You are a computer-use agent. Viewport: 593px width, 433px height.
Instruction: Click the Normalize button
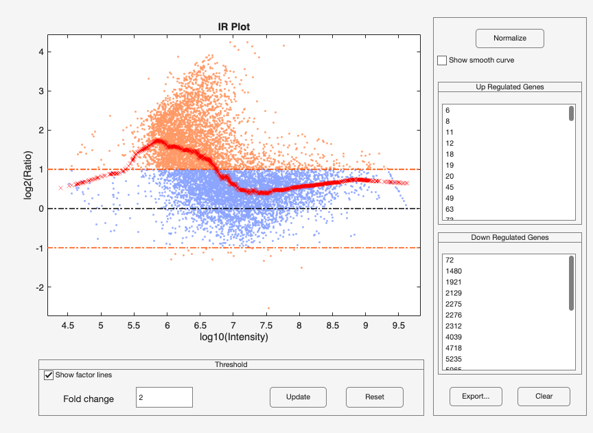point(509,38)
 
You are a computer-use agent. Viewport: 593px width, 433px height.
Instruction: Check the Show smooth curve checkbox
point(442,60)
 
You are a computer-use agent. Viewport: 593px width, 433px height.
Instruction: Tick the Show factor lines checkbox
point(49,375)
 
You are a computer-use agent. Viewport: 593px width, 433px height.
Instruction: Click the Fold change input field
point(164,397)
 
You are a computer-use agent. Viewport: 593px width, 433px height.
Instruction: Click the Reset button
point(374,397)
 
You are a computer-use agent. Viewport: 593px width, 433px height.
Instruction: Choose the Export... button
point(476,397)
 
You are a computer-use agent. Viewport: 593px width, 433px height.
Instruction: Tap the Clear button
point(544,397)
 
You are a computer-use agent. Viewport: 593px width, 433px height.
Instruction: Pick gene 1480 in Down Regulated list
point(453,271)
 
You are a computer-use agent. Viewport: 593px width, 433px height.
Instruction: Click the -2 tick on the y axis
point(41,287)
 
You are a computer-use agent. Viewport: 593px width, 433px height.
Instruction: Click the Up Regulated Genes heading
point(510,87)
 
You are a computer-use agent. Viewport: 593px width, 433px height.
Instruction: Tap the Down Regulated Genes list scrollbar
point(571,283)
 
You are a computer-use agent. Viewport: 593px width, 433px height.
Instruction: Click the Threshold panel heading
point(231,364)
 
